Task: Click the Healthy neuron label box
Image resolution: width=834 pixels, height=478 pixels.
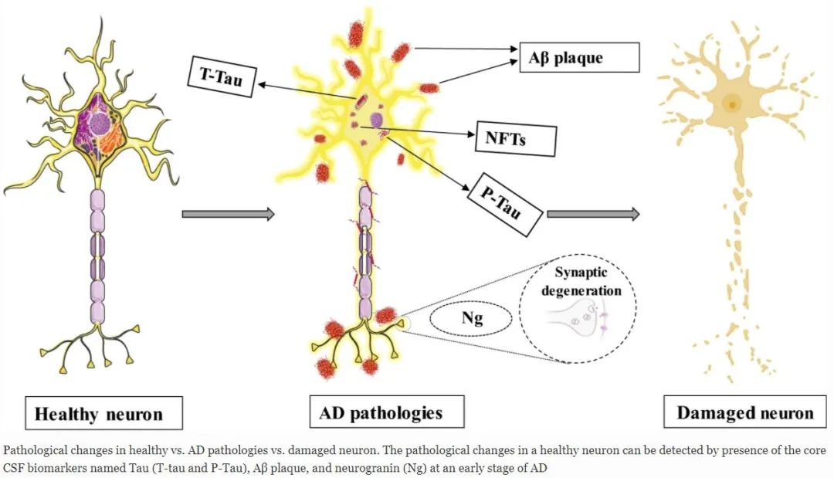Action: pyautogui.click(x=98, y=414)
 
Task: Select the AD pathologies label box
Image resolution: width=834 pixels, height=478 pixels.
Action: pyautogui.click(x=381, y=412)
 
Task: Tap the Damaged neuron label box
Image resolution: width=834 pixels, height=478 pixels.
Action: pyautogui.click(x=744, y=412)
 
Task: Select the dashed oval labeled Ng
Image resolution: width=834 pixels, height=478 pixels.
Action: pyautogui.click(x=466, y=319)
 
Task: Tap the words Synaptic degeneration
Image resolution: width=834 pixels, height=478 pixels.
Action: pyautogui.click(x=587, y=283)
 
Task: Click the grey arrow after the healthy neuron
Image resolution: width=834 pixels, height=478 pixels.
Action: pyautogui.click(x=228, y=214)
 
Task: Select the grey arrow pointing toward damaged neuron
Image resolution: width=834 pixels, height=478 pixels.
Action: pyautogui.click(x=593, y=214)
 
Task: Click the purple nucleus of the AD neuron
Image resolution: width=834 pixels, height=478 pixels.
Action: pyautogui.click(x=377, y=120)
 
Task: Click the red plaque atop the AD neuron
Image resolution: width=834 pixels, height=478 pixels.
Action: pyautogui.click(x=357, y=33)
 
